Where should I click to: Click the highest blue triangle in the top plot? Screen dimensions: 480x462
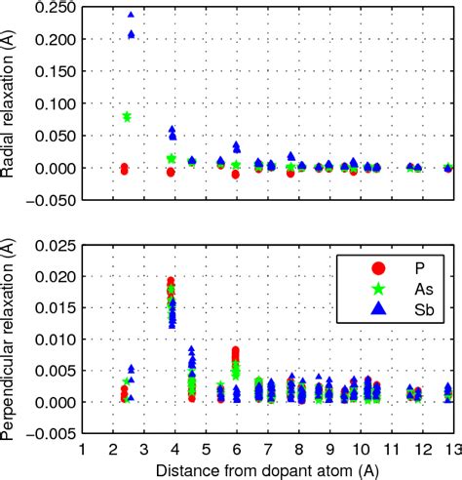(131, 17)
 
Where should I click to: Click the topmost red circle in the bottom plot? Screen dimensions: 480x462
(171, 281)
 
